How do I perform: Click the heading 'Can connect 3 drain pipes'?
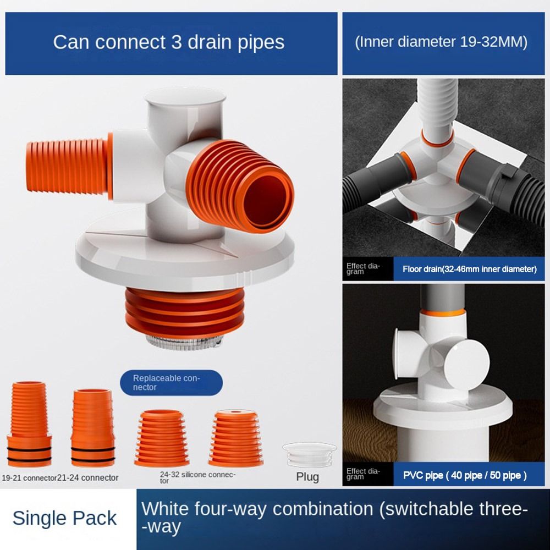168,42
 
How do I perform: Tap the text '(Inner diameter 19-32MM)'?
441,42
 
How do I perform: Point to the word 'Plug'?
307,476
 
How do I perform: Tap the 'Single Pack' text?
64,518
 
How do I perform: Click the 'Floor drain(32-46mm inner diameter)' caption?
469,269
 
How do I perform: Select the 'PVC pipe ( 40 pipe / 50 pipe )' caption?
465,475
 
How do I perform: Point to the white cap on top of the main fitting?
185,102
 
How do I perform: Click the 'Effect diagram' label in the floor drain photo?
363,269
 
